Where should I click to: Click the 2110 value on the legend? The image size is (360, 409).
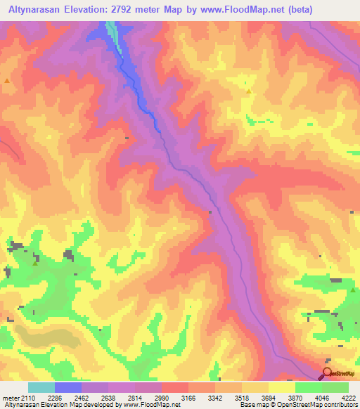25,397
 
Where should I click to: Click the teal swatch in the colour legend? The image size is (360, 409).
41,387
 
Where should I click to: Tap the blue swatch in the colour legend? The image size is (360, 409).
68,387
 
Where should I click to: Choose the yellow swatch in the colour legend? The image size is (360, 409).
281,387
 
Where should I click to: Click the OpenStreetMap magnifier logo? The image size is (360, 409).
327,372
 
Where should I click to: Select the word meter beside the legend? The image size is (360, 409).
10,397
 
